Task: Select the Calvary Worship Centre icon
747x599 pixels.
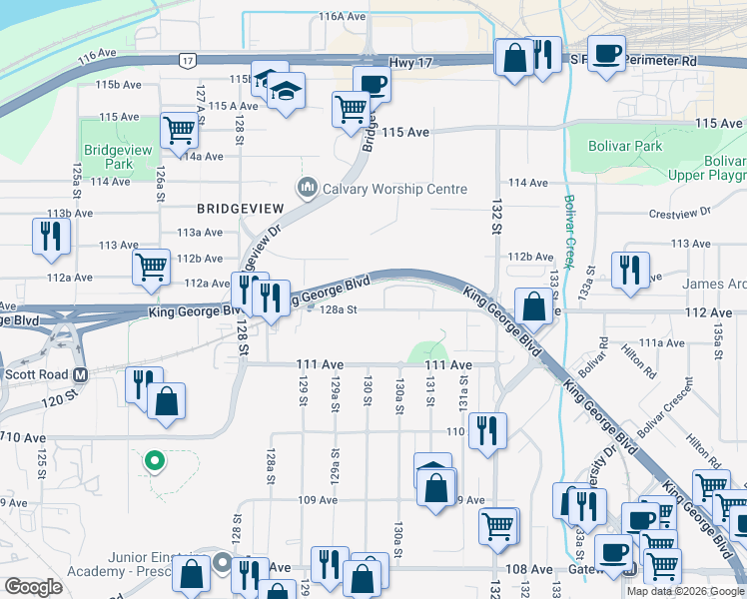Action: tap(307, 188)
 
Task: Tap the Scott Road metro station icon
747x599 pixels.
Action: tap(82, 375)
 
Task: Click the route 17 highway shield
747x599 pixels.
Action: tap(187, 61)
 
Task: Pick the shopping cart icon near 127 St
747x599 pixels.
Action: tap(179, 129)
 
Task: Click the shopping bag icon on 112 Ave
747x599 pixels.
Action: tap(533, 306)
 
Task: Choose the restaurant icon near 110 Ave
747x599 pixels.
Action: tap(486, 431)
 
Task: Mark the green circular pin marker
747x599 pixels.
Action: tap(153, 460)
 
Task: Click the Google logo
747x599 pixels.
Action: tap(33, 587)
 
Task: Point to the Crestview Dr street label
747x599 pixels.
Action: tap(678, 213)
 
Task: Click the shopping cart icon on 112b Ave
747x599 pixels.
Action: tap(151, 267)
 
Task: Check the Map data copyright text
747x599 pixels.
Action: tap(685, 591)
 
